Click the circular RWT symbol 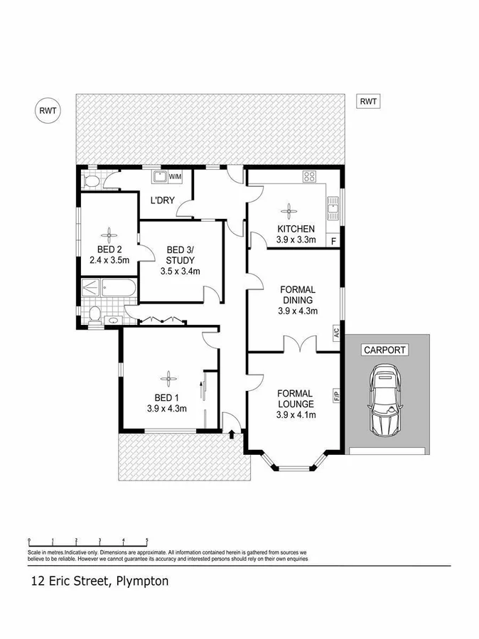(49, 110)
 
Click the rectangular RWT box (367, 102)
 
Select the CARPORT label (384, 350)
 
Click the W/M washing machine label (176, 176)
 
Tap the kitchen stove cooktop (310, 176)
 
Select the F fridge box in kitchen (333, 241)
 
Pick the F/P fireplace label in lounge (335, 393)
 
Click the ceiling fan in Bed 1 (168, 377)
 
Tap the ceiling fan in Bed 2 (109, 235)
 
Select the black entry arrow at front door (232, 433)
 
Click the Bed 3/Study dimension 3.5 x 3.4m (181, 271)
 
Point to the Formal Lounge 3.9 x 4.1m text (296, 415)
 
